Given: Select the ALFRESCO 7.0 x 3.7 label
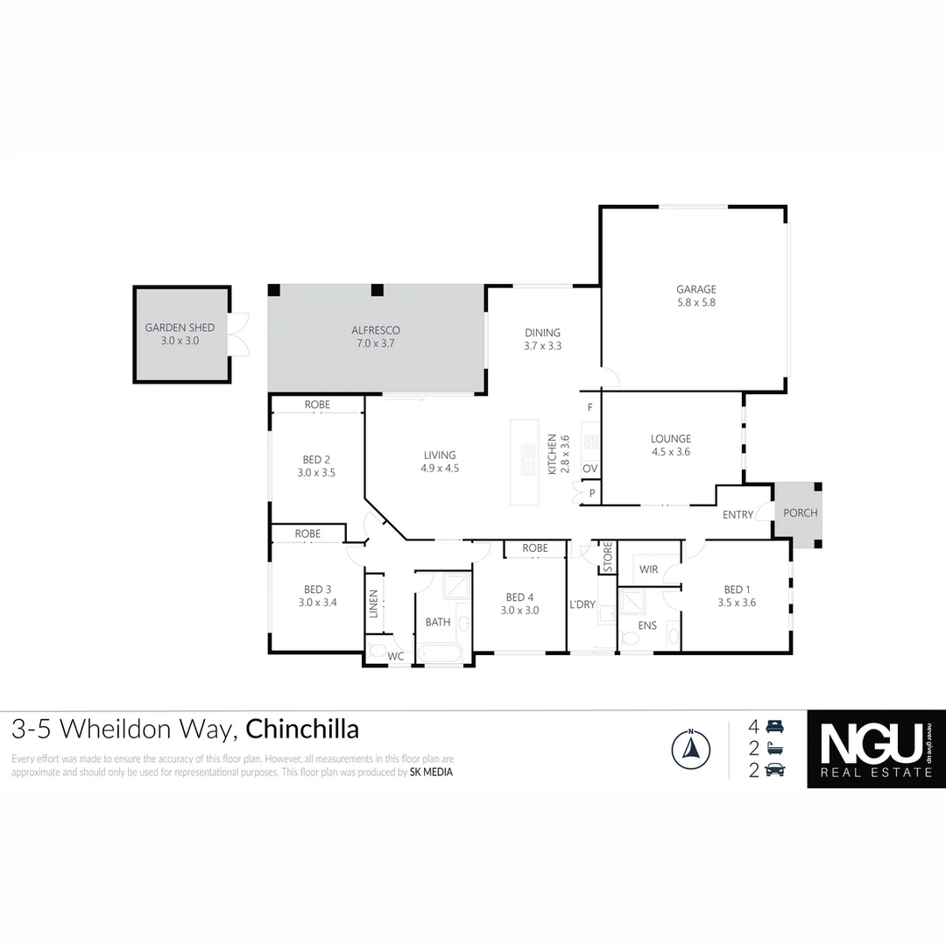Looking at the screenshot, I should (376, 336).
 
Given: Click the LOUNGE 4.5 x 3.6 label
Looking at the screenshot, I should (671, 445).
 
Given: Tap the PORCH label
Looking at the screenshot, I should (799, 513).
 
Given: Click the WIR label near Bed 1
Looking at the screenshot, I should (648, 569).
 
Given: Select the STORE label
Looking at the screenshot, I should (606, 557).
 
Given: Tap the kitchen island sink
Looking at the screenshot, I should (527, 459).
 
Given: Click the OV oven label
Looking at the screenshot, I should (590, 469).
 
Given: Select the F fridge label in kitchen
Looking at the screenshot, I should (590, 407).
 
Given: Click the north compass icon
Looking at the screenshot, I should (690, 749).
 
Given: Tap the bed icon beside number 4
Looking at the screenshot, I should (775, 726).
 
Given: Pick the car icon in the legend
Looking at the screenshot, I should (775, 770).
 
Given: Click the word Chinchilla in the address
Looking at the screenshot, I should (302, 729).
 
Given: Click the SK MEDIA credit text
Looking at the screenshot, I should (431, 773).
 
